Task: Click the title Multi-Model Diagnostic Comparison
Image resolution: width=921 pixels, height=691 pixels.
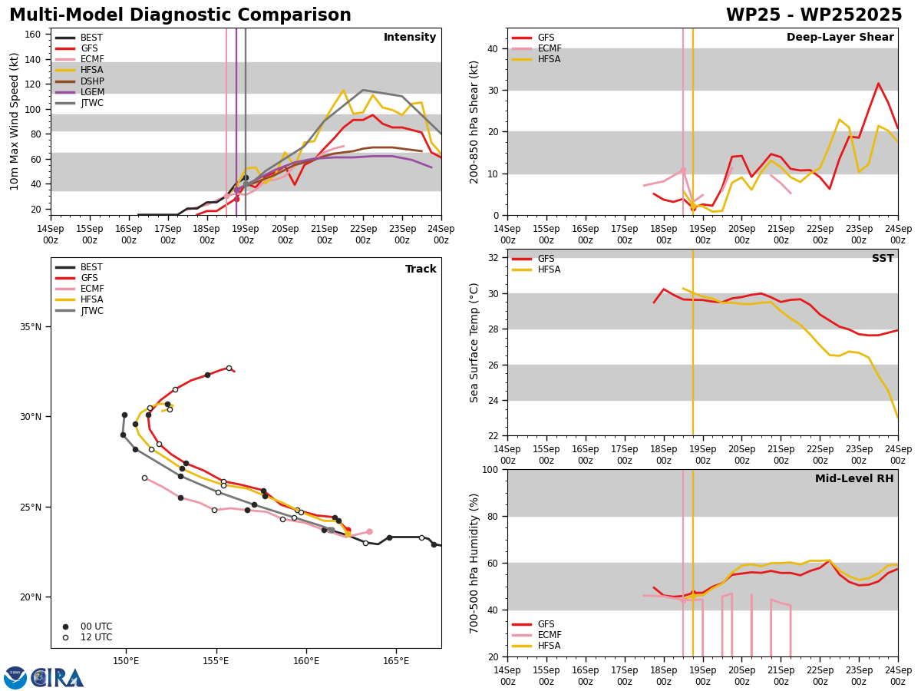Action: click(x=180, y=15)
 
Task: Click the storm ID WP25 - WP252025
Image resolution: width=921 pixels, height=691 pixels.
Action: click(x=814, y=15)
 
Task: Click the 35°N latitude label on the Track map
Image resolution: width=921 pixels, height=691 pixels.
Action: click(x=31, y=327)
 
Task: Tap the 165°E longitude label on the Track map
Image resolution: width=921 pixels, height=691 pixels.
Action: click(x=396, y=661)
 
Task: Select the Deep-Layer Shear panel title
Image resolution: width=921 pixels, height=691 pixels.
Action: click(x=840, y=37)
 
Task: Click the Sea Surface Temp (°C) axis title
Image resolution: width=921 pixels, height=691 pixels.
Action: click(x=474, y=343)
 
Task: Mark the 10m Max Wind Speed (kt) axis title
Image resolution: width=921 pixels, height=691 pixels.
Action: click(x=14, y=121)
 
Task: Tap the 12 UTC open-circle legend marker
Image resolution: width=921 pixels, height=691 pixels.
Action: click(x=65, y=638)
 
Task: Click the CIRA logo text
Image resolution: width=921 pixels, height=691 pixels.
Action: click(x=58, y=678)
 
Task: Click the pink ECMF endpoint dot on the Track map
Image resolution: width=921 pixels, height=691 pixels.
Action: click(x=369, y=531)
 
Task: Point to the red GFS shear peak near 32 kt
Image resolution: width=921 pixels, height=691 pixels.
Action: click(x=878, y=84)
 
